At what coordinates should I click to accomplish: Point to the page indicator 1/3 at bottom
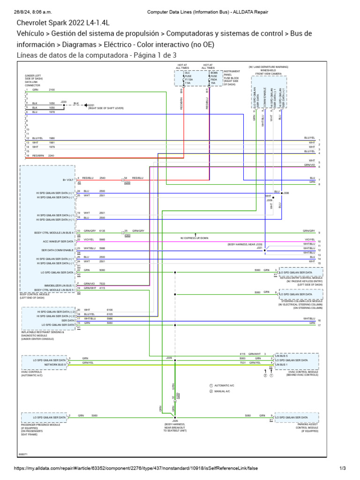tap(342, 468)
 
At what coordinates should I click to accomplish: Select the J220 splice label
tap(64, 101)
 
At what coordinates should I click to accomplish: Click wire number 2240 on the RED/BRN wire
tap(52, 156)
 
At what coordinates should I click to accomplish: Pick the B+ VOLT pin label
tap(68, 180)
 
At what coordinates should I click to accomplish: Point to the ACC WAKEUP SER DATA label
tap(59, 241)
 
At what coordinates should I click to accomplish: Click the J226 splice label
tap(175, 421)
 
